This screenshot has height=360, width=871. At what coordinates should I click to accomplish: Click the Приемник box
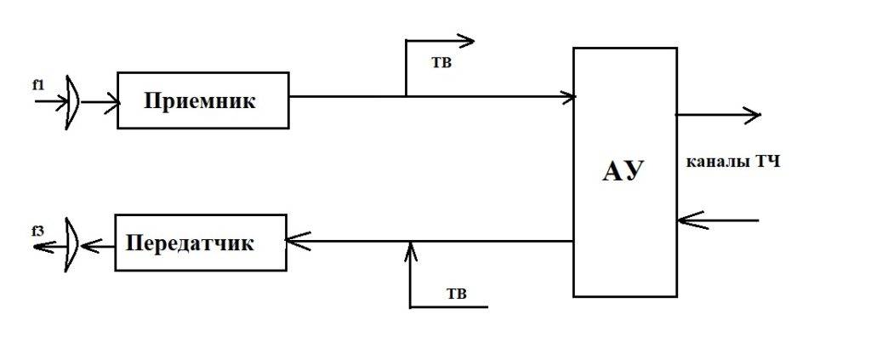tap(202, 100)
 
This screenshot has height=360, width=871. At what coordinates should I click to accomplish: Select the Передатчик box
tap(201, 243)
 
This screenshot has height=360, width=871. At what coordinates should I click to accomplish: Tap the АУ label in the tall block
tap(623, 171)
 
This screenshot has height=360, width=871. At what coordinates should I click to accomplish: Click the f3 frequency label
tap(37, 229)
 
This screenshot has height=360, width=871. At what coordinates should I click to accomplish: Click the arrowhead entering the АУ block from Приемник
tap(568, 97)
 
